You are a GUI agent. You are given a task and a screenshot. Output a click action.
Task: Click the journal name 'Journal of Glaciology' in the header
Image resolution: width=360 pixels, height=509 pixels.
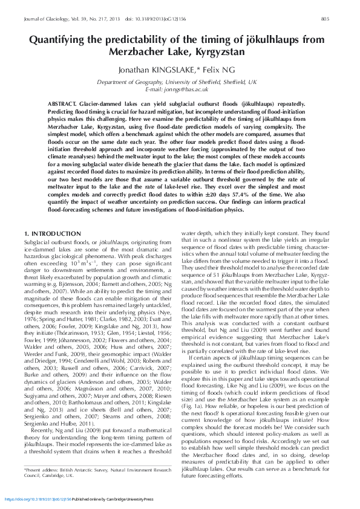coord(43,19)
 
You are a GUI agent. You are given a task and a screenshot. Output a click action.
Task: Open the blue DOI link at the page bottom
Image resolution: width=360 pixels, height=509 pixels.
coord(38,500)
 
